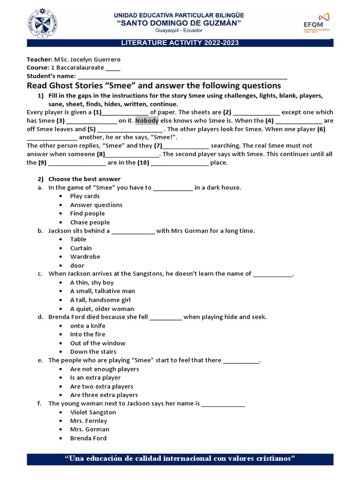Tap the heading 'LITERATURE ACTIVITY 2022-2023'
point(180,43)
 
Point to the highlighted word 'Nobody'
point(147,120)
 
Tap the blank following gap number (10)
point(180,163)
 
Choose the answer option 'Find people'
point(87,213)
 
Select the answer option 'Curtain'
point(81,248)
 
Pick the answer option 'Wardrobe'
point(85,256)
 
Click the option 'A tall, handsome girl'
point(100,300)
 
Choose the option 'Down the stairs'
point(93,352)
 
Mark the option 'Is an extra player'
point(95,377)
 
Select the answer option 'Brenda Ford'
point(88,438)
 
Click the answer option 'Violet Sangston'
point(93,412)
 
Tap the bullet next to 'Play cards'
point(61,196)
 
